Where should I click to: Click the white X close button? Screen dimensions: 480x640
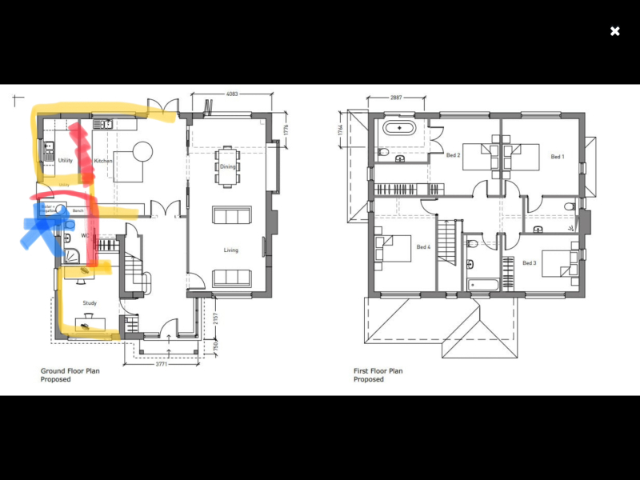point(614,31)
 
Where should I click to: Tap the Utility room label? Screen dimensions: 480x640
point(66,161)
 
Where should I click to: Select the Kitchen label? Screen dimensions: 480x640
point(103,162)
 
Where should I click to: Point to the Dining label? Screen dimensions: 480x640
point(228,166)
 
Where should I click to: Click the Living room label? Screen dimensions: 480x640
point(231,250)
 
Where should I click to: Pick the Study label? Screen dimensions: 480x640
point(90,303)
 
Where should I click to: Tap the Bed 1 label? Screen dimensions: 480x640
point(558,157)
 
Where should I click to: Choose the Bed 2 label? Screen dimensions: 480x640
point(453,155)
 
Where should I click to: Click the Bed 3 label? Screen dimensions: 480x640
point(529,262)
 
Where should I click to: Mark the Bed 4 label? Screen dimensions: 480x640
point(423,247)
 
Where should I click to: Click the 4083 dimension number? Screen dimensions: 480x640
point(232,94)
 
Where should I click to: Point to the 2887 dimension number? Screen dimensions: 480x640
point(395,97)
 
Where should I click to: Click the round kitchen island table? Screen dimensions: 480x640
point(142,151)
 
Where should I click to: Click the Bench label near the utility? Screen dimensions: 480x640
point(78,210)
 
